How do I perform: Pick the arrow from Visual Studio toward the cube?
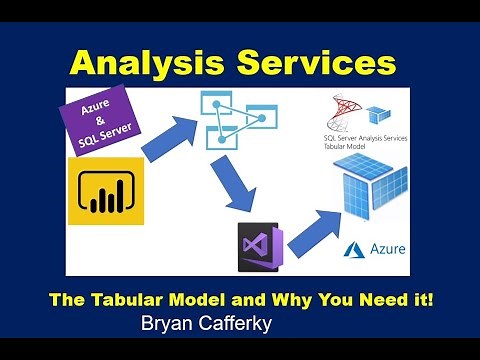coord(319,228)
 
